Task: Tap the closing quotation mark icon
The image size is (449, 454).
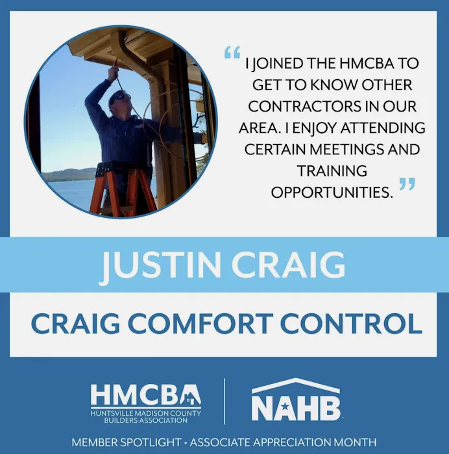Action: (407, 185)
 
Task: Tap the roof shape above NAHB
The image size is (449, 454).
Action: (296, 386)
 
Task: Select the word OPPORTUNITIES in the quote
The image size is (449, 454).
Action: (332, 193)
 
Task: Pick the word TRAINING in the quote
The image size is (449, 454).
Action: (332, 171)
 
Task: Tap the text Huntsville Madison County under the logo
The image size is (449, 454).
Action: (145, 413)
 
